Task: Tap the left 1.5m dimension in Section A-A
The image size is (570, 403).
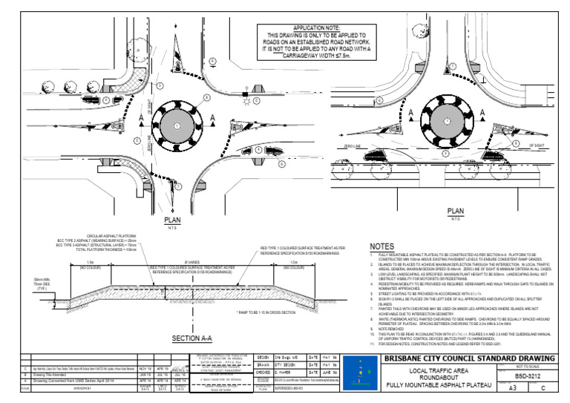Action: point(90,262)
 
